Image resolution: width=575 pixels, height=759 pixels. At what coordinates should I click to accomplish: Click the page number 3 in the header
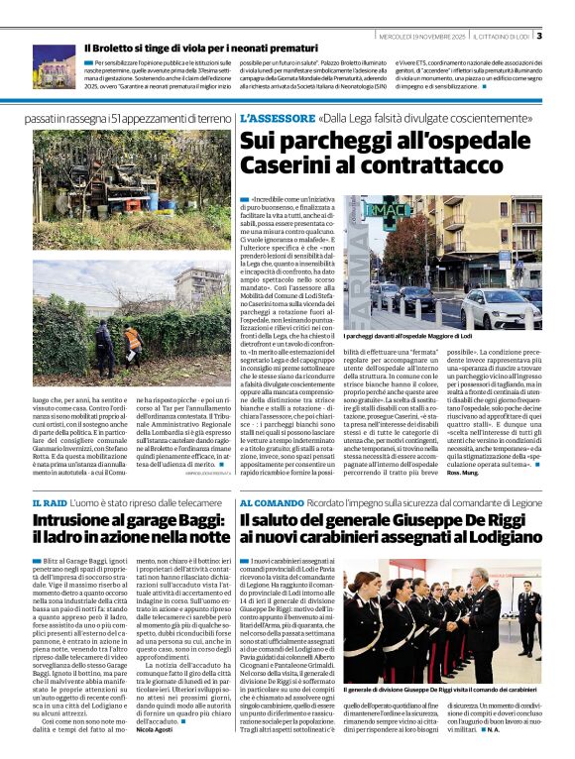point(538,37)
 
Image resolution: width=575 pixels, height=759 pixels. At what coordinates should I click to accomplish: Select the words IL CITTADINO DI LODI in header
point(502,37)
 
